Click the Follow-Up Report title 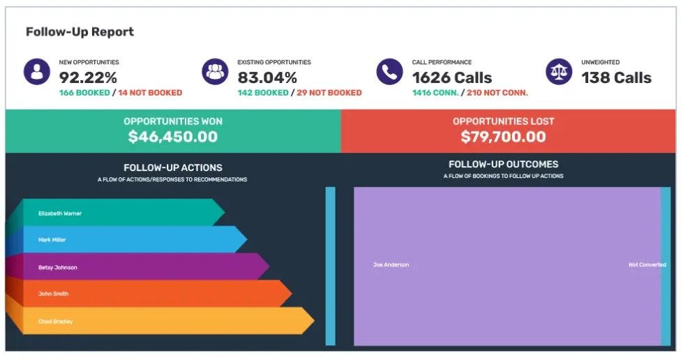coord(80,32)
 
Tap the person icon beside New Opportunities coord(37,72)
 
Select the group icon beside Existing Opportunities coord(215,72)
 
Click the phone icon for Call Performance coord(389,72)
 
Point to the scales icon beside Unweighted coord(559,72)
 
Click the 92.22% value coord(88,77)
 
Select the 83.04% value coord(267,77)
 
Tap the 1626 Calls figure coord(452,77)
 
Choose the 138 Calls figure coord(616,77)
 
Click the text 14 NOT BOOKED coord(150,93)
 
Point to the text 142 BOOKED coord(262,93)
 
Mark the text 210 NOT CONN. coord(497,93)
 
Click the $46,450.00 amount coord(172,137)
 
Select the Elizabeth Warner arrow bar coord(119,213)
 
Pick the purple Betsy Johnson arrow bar coord(140,267)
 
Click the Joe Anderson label coord(391,265)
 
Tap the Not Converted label coord(647,265)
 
